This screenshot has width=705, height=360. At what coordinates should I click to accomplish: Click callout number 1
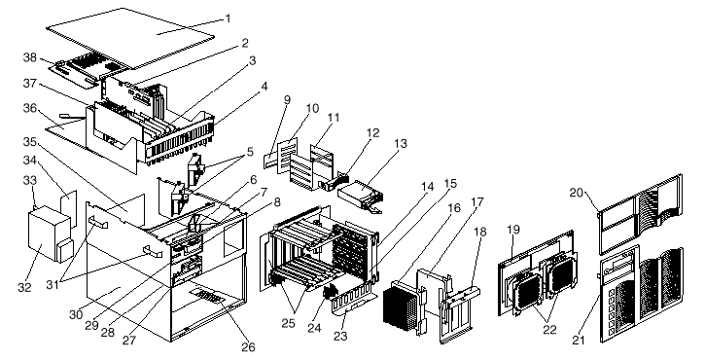tap(228, 18)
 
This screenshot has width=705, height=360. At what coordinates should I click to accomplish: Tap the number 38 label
tap(30, 57)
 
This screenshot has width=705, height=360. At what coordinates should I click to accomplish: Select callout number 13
tap(401, 144)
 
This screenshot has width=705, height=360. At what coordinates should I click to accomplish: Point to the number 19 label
tap(513, 229)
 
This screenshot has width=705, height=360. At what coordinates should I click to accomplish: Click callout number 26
tap(248, 347)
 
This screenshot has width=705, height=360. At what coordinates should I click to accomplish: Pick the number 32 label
tap(24, 287)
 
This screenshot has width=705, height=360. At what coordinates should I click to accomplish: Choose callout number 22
tap(549, 330)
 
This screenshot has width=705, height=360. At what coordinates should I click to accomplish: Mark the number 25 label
tap(288, 323)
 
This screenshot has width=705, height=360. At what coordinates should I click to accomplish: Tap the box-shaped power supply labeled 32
tap(48, 234)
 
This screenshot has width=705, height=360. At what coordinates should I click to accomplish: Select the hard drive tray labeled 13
tap(360, 195)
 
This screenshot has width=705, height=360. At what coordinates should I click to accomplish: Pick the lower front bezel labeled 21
tap(641, 295)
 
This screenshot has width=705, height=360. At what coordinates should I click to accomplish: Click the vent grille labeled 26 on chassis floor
tap(207, 297)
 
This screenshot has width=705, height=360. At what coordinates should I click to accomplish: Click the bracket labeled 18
tap(459, 310)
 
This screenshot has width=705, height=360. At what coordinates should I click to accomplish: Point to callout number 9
tap(287, 100)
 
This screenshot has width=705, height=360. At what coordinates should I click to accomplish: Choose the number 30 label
tap(76, 314)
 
